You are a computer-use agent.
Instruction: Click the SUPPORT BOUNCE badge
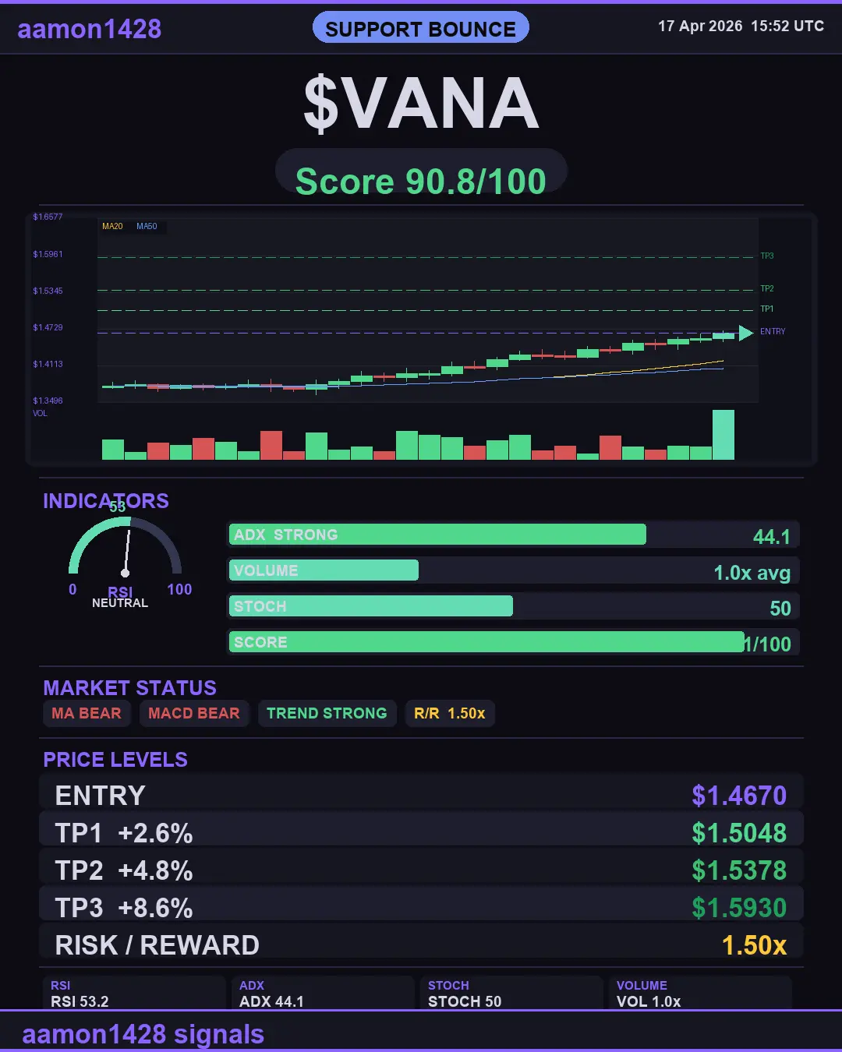click(420, 29)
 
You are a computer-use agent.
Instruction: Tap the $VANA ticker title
click(421, 104)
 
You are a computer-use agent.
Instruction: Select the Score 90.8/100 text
click(421, 182)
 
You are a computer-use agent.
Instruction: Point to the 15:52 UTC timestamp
click(787, 26)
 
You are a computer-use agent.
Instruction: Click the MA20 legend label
click(112, 227)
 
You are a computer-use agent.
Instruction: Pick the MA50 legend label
click(147, 227)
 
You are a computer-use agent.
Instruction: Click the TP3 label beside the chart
click(767, 256)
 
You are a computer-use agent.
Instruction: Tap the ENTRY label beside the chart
click(773, 332)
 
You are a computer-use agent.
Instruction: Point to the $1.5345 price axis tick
click(48, 291)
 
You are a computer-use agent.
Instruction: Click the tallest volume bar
click(723, 435)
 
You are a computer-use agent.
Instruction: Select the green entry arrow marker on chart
click(745, 334)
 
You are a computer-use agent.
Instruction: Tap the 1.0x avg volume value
click(752, 574)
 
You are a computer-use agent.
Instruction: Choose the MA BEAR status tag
click(87, 714)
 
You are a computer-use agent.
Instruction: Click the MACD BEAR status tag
click(194, 714)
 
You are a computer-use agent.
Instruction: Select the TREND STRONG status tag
click(327, 714)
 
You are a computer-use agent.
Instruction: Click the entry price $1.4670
click(739, 796)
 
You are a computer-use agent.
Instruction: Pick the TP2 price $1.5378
click(739, 870)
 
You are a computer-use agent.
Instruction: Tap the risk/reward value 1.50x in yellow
click(754, 945)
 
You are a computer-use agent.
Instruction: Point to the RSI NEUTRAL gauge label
click(120, 603)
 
